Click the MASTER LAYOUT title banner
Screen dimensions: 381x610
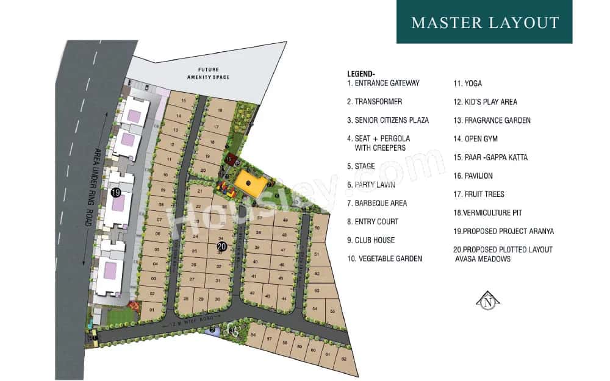(x=484, y=23)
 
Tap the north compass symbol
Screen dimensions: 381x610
(x=487, y=300)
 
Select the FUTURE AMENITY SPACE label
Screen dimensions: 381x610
(x=204, y=73)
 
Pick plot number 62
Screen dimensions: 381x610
(x=343, y=360)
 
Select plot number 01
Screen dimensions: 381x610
(x=152, y=310)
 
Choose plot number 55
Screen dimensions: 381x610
(x=332, y=312)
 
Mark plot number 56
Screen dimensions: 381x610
(x=253, y=335)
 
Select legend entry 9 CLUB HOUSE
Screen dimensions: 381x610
(x=371, y=240)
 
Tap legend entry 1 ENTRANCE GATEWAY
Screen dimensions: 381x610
(x=383, y=83)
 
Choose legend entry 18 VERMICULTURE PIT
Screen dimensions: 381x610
(x=487, y=213)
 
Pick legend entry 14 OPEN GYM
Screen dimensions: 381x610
(x=475, y=139)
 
